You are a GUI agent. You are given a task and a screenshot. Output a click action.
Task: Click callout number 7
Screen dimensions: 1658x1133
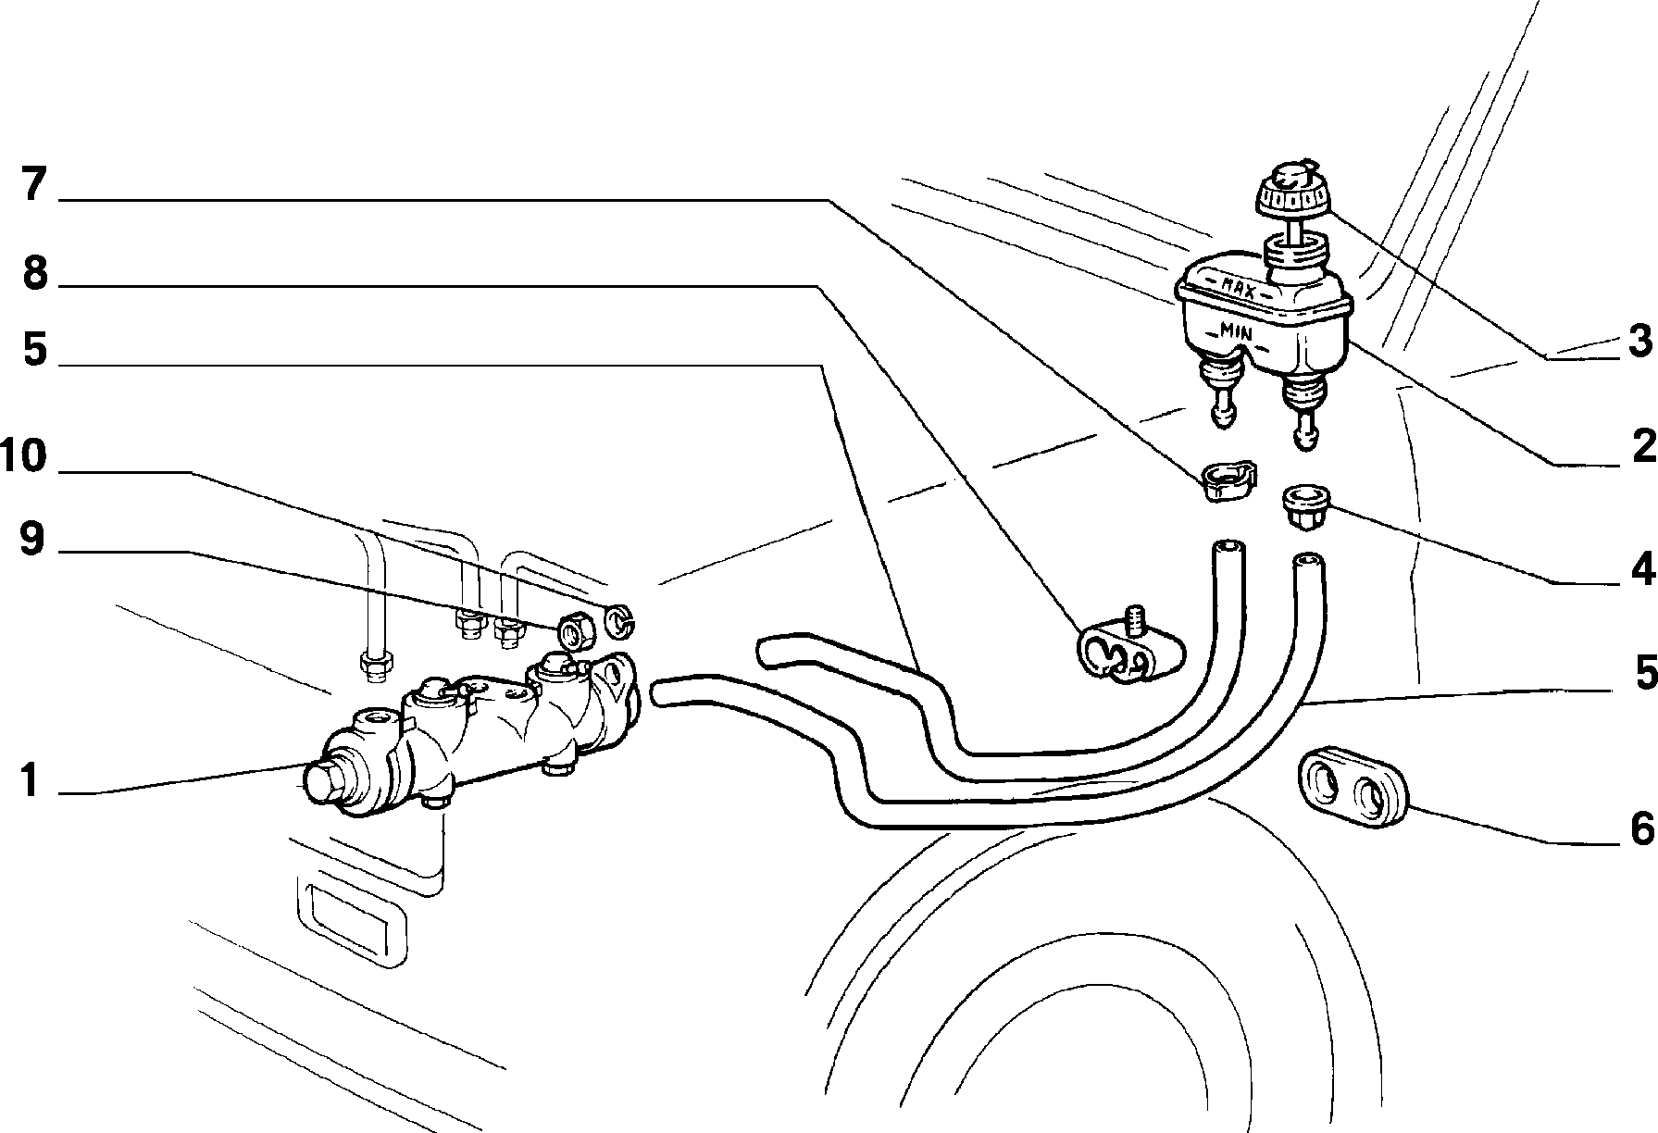33,185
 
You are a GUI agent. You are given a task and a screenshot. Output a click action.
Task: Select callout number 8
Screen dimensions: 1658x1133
34,272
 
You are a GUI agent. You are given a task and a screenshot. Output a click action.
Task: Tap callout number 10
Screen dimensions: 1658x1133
24,456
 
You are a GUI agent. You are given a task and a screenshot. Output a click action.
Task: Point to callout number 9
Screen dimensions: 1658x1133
31,539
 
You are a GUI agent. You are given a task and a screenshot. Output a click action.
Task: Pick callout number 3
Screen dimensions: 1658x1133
1639,342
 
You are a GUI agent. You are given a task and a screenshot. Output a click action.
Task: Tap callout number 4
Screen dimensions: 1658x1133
1642,570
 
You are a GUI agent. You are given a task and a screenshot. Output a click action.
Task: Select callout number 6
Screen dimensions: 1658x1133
1641,828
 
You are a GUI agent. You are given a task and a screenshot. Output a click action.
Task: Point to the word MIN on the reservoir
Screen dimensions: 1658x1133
1236,330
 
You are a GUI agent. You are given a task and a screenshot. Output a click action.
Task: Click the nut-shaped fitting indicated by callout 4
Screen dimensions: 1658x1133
1303,507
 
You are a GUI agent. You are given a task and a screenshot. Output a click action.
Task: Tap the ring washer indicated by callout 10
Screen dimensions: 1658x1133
619,620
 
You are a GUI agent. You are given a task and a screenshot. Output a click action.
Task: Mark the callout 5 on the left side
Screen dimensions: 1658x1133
34,351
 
